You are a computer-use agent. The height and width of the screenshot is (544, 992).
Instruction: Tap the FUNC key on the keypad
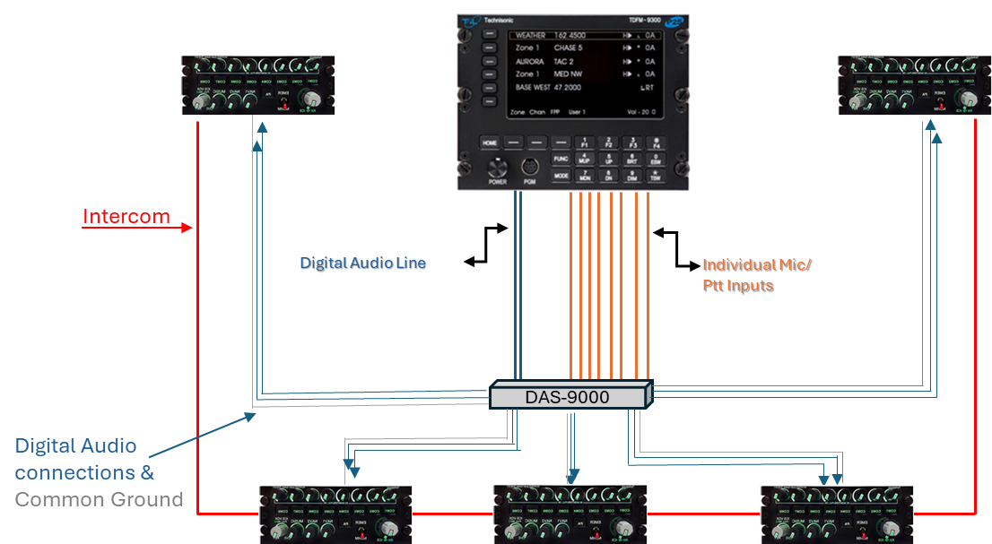point(561,159)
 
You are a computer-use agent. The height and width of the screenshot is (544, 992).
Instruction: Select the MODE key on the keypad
point(561,177)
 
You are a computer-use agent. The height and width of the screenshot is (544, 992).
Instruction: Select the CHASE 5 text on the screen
point(568,47)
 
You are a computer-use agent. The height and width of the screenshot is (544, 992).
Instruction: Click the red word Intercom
point(126,217)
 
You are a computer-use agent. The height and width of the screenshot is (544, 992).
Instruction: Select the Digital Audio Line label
point(362,263)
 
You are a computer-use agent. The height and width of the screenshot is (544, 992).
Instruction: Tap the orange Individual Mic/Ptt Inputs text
point(756,274)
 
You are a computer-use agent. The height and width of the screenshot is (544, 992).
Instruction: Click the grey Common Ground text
point(100,499)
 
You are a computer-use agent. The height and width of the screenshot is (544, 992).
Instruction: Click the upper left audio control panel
point(258,85)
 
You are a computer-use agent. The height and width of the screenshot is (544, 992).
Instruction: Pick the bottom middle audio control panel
point(570,514)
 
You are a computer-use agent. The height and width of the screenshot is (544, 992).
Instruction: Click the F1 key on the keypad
point(585,142)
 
